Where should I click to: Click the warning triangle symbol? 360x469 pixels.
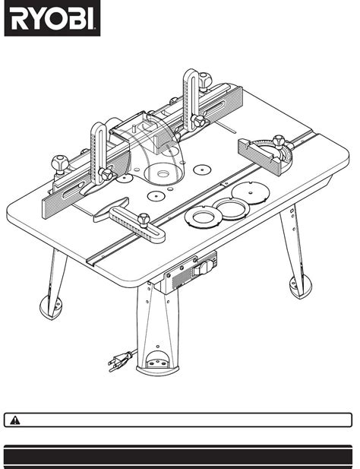16,420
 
